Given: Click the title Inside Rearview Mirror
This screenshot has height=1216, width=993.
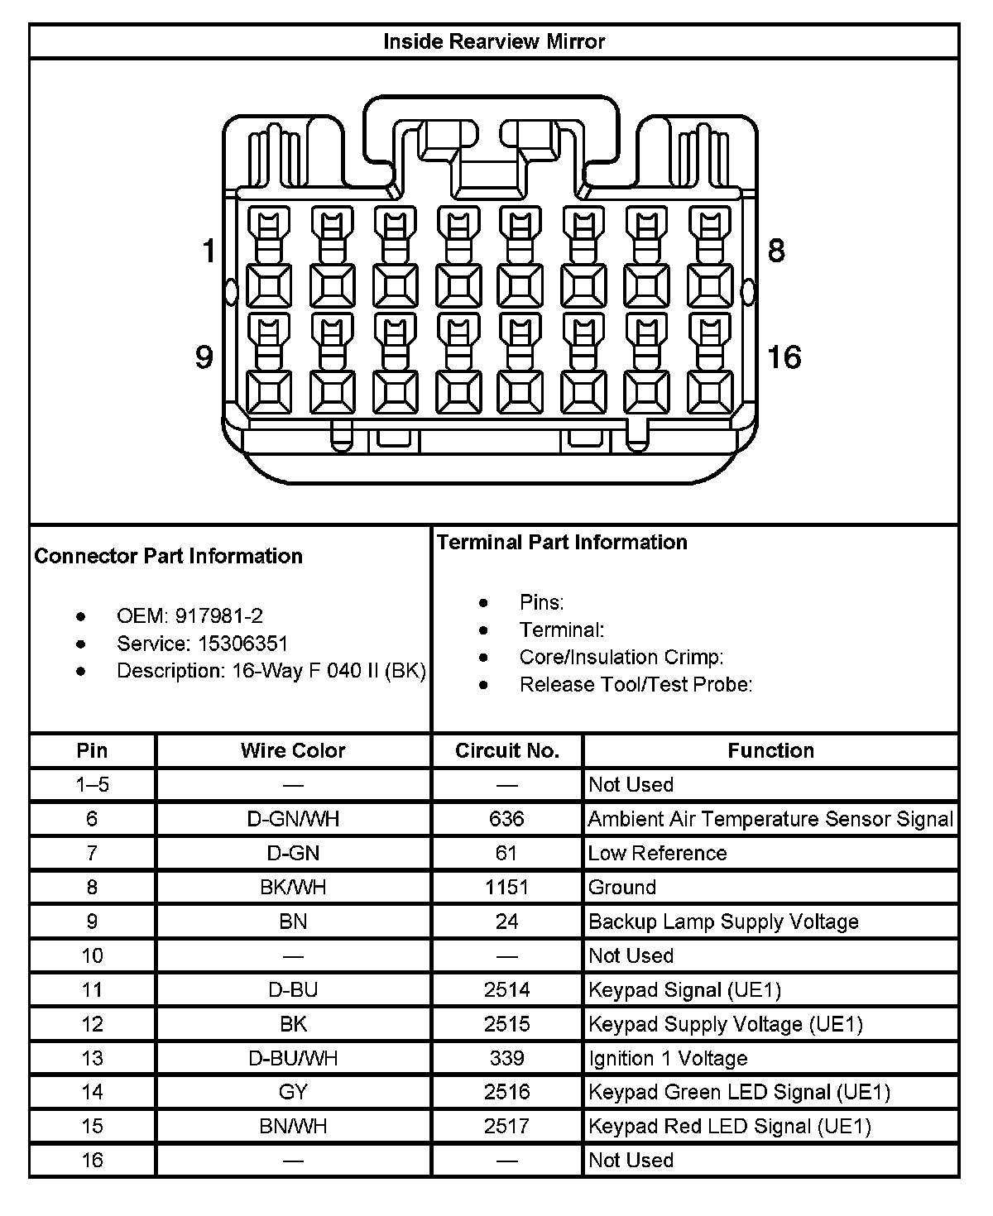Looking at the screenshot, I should pyautogui.click(x=494, y=41).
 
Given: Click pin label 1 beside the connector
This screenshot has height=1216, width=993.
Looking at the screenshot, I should pyautogui.click(x=209, y=251).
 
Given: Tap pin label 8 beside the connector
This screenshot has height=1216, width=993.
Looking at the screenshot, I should pyautogui.click(x=776, y=251).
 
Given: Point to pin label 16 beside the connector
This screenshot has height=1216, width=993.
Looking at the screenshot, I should pyautogui.click(x=784, y=357).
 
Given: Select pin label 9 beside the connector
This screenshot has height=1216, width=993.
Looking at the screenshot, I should pyautogui.click(x=204, y=357).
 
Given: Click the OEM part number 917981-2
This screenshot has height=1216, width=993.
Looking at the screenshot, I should pyautogui.click(x=218, y=615).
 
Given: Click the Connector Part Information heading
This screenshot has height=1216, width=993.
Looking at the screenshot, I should pyautogui.click(x=169, y=556).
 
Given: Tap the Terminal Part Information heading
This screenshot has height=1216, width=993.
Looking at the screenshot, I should pyautogui.click(x=562, y=542).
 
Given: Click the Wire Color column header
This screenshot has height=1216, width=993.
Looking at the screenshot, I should pyautogui.click(x=293, y=750).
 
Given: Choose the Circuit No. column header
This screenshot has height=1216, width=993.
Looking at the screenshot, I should pyautogui.click(x=507, y=750).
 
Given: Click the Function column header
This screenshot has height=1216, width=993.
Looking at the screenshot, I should pyautogui.click(x=770, y=750).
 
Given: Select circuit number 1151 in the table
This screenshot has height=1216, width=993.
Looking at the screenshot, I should pyautogui.click(x=507, y=888).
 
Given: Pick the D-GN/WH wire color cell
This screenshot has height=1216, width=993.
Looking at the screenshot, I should pyautogui.click(x=293, y=819).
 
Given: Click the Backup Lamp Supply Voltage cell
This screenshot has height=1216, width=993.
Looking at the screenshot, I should pyautogui.click(x=723, y=922).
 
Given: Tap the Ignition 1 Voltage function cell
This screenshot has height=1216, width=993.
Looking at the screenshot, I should pyautogui.click(x=668, y=1058).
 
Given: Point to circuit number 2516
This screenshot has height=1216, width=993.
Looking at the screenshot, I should pyautogui.click(x=507, y=1092).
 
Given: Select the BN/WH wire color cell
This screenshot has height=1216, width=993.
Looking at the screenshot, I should pyautogui.click(x=293, y=1126).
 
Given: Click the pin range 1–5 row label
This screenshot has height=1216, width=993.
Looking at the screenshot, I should pyautogui.click(x=92, y=784).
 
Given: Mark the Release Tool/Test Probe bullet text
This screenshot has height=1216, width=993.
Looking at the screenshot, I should pyautogui.click(x=636, y=684).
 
